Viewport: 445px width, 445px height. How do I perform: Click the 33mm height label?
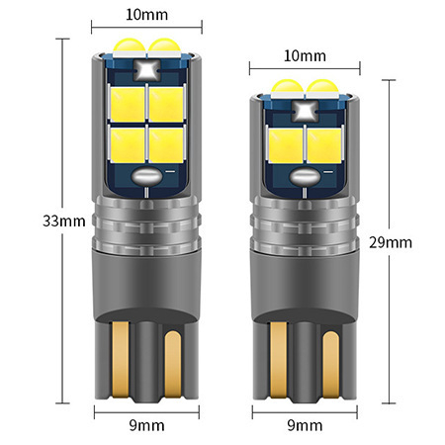pyautogui.click(x=64, y=221)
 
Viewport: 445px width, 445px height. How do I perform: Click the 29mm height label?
pyautogui.click(x=391, y=242)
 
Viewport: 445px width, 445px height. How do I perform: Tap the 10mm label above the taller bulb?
pyautogui.click(x=146, y=15)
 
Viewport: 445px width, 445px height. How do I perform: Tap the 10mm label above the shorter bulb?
pyautogui.click(x=305, y=55)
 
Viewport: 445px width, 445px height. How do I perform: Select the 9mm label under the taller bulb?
pyautogui.click(x=146, y=425)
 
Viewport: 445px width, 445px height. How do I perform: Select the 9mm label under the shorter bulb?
pyautogui.click(x=305, y=425)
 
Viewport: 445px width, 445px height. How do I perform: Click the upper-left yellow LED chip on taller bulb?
pyautogui.click(x=128, y=105)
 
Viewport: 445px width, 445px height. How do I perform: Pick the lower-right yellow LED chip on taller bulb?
pyautogui.click(x=166, y=145)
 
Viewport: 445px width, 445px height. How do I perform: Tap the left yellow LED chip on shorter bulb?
pyautogui.click(x=286, y=145)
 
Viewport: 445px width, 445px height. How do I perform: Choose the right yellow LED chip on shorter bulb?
pyautogui.click(x=324, y=145)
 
